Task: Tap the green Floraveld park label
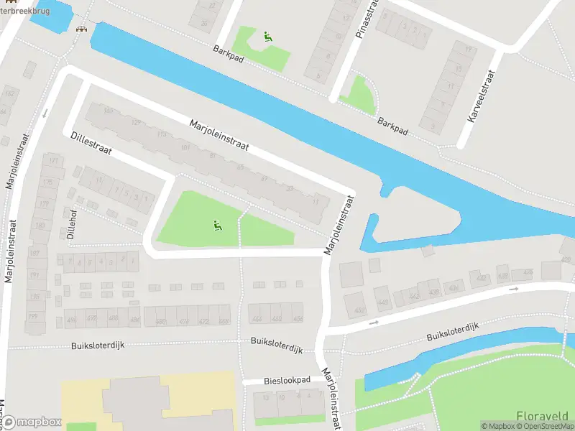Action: [542, 416]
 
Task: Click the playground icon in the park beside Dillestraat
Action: [217, 226]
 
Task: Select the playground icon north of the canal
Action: [267, 37]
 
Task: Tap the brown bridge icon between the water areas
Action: [82, 28]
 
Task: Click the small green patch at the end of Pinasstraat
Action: [360, 94]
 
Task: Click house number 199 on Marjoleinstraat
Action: [33, 316]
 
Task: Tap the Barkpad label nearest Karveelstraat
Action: [393, 127]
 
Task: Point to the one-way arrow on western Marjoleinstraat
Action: [45, 113]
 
